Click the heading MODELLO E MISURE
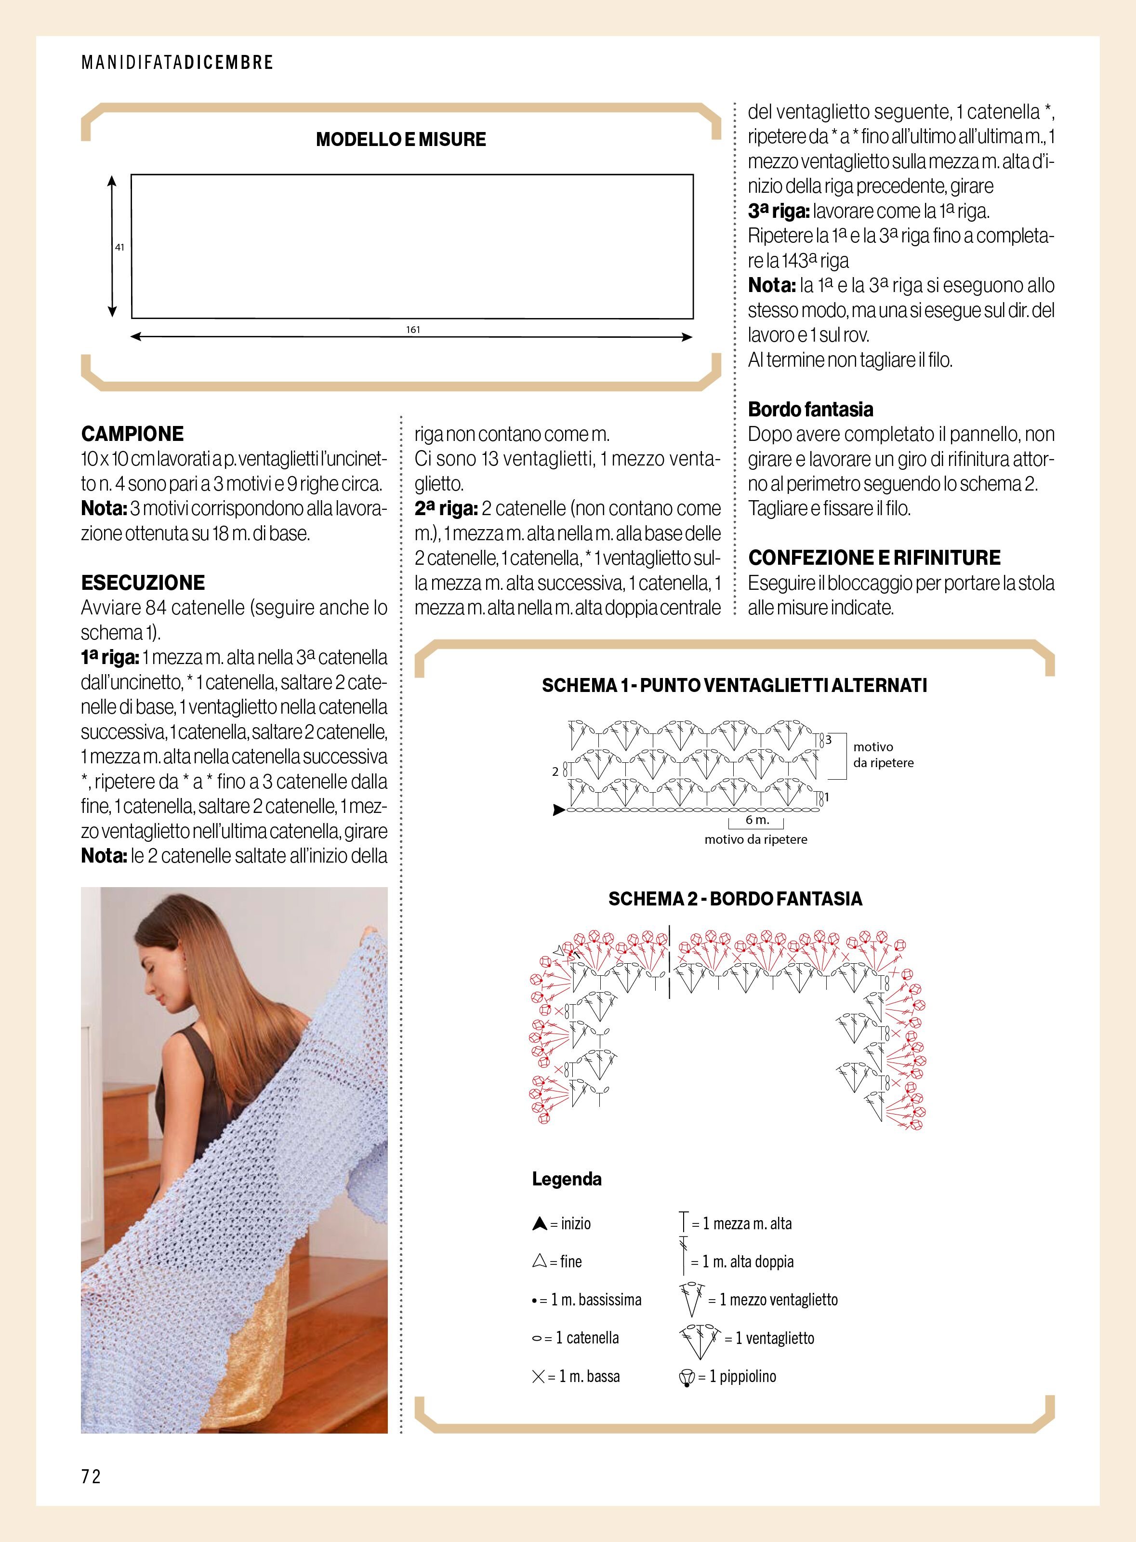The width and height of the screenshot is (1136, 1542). click(401, 140)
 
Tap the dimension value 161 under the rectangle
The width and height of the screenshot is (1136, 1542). click(412, 330)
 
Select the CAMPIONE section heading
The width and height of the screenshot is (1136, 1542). click(132, 434)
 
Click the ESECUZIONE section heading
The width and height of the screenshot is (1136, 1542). click(143, 583)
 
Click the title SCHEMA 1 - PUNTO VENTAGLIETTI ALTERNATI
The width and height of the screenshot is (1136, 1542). click(734, 685)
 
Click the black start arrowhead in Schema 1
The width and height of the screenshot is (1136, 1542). click(559, 811)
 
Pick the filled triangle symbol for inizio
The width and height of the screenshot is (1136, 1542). click(539, 1223)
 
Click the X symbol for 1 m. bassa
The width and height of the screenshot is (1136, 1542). click(539, 1376)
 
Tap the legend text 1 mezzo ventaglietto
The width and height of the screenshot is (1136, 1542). click(774, 1300)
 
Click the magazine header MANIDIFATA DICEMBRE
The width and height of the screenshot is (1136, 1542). click(177, 63)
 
